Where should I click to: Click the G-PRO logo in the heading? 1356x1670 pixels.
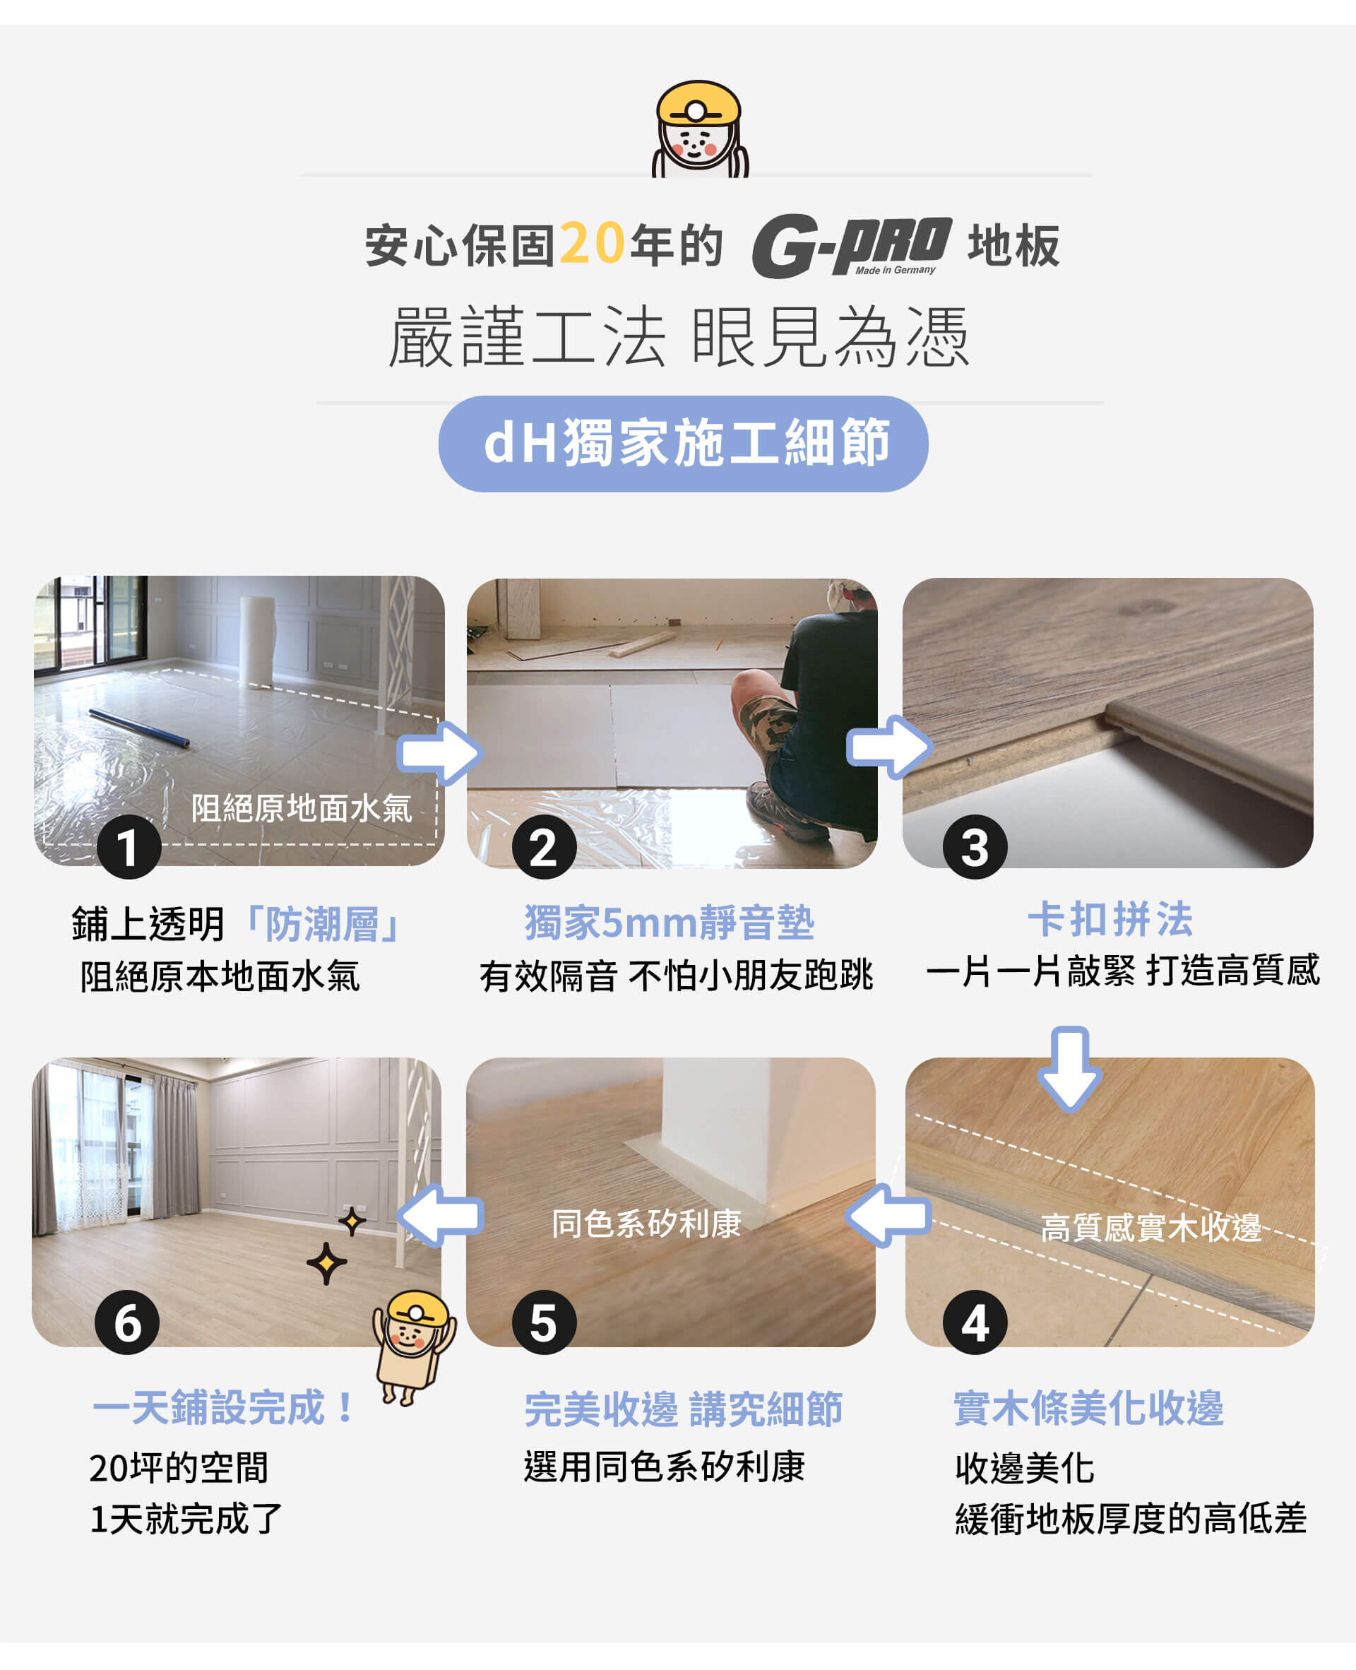852,246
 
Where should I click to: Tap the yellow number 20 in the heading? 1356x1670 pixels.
592,244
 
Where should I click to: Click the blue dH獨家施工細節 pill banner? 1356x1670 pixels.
683,444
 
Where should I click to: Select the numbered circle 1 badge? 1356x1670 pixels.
129,848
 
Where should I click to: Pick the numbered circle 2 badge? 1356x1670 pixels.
544,848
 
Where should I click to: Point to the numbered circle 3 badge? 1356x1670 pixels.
975,848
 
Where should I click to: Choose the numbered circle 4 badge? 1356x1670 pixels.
975,1323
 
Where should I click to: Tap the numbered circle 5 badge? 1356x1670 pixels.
544,1323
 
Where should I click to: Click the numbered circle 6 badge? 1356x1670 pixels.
127,1323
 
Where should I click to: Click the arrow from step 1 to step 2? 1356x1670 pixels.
439,752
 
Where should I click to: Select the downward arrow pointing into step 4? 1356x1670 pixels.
1069,1070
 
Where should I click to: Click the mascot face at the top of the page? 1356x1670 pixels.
698,129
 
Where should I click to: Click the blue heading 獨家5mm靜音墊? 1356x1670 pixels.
670,923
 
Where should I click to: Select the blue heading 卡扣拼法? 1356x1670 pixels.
1110,918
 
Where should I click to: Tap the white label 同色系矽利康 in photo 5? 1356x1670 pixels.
646,1224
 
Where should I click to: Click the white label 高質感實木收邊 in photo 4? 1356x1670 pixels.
1150,1228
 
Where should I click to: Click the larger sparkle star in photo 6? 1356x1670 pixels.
326,1263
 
